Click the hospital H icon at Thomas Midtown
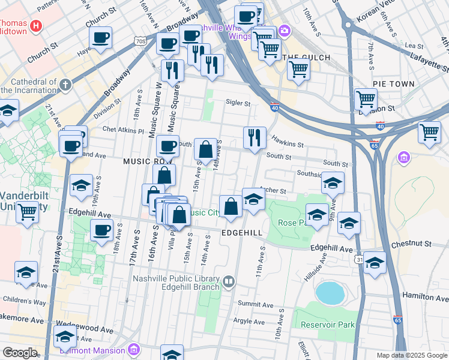37,26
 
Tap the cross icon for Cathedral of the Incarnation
65,85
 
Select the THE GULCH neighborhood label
303,58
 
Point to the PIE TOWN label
393,84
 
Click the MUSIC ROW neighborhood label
148,161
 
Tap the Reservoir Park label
328,325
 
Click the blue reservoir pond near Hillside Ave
330,293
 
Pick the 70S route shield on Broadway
140,41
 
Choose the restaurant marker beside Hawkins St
255,137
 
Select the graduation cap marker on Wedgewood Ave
65,336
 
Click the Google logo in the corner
20,353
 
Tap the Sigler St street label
238,103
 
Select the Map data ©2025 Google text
411,355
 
